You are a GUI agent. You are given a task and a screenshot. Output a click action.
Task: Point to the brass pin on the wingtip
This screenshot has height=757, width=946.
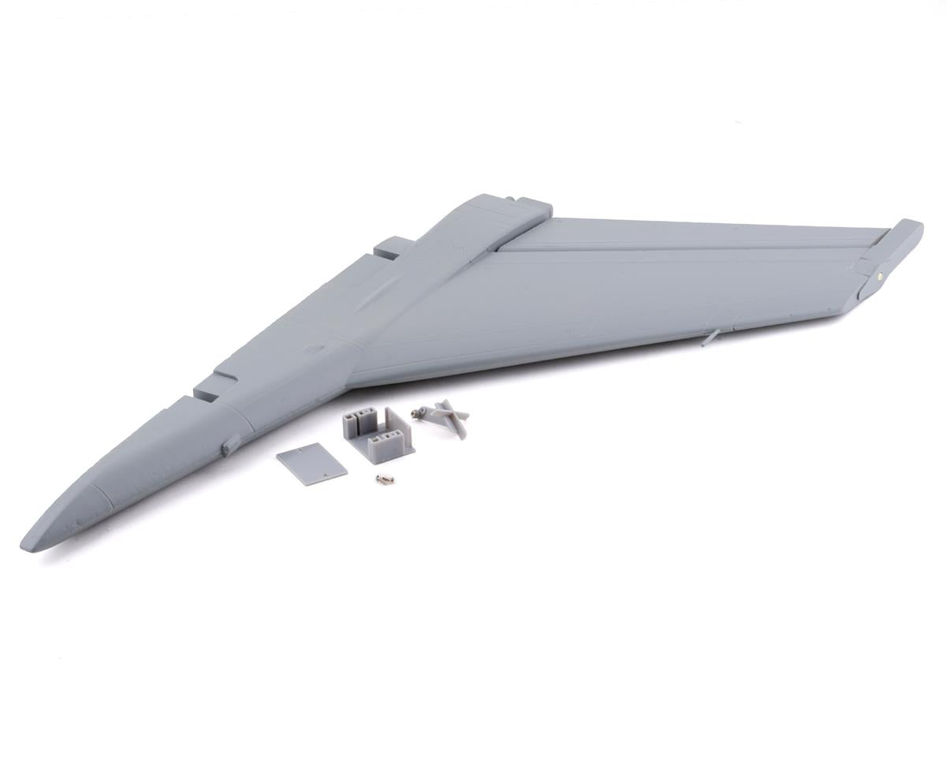(880, 275)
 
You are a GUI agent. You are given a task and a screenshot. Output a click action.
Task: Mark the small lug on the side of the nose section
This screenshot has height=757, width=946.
(231, 446)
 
